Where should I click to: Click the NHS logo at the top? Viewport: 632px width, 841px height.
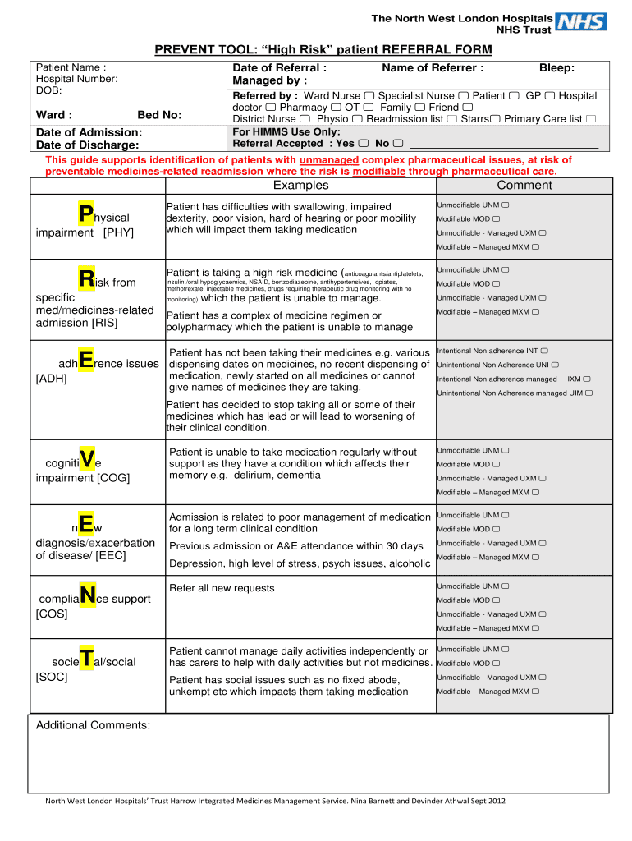coord(582,23)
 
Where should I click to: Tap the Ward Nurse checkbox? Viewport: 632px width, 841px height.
coord(369,96)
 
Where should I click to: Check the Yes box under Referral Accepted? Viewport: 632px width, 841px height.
coord(363,144)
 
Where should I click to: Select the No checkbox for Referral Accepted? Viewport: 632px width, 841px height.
coord(398,144)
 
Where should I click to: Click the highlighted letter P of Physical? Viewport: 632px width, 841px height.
coord(86,215)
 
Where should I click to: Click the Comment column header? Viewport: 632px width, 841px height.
coord(524,186)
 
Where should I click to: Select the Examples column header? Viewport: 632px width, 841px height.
coord(300,186)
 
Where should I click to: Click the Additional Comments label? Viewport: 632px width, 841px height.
coord(93,725)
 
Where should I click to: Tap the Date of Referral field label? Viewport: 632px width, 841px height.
coord(280,68)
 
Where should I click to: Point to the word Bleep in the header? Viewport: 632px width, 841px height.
coord(556,68)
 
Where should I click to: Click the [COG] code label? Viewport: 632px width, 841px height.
coord(113,478)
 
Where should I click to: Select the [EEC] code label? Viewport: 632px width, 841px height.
coord(110,556)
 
